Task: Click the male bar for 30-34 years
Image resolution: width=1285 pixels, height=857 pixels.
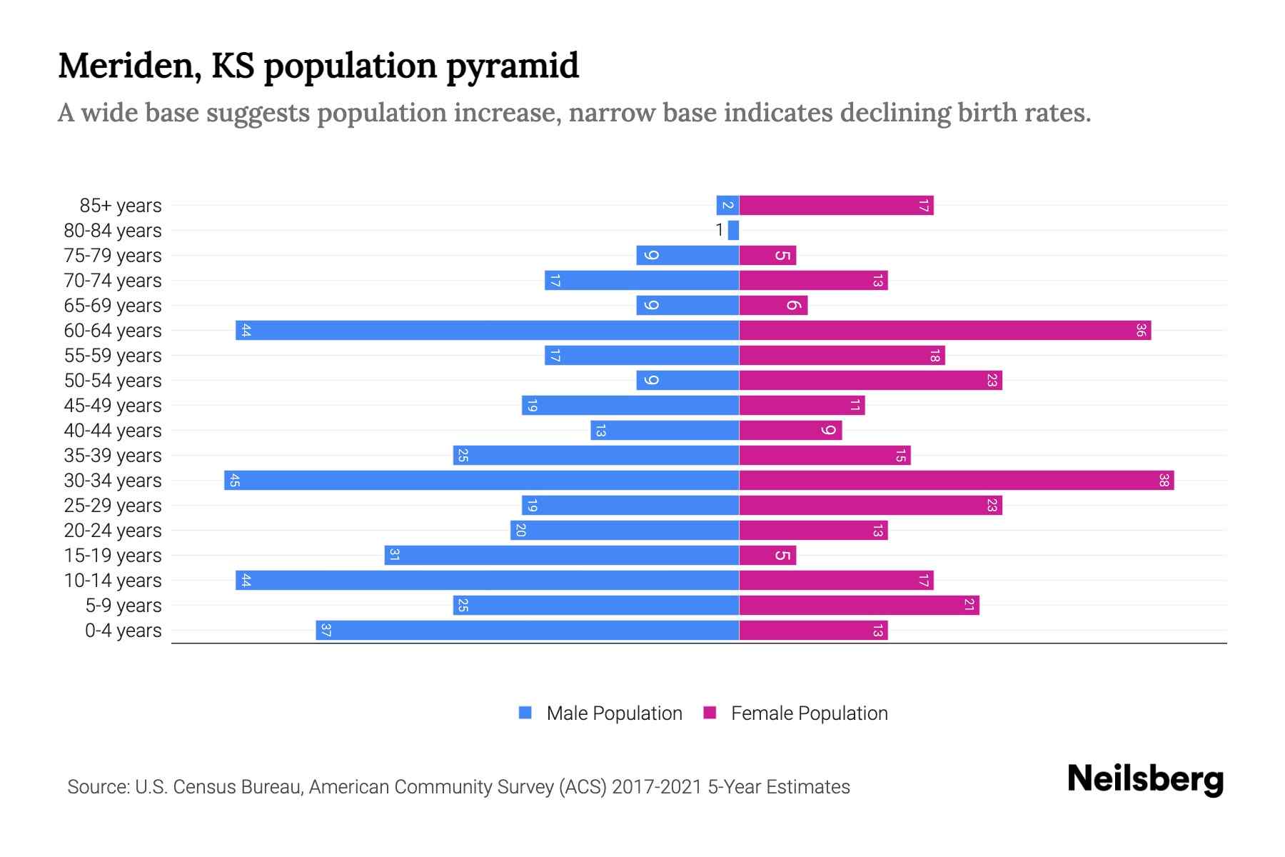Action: pos(482,480)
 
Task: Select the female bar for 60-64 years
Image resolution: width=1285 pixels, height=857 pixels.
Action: pos(944,330)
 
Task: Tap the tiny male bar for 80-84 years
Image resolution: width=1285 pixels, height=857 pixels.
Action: pos(733,230)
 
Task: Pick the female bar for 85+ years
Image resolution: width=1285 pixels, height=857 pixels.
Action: pos(836,206)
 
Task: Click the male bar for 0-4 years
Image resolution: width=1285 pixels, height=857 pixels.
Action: pos(527,630)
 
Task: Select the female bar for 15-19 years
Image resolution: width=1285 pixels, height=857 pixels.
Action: pos(767,555)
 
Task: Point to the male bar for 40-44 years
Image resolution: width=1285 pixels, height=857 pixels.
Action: pos(665,430)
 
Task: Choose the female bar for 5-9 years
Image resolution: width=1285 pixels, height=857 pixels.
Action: pos(859,605)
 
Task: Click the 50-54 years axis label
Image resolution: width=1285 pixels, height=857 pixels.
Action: pos(113,381)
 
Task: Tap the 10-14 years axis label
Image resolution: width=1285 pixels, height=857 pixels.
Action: pos(113,581)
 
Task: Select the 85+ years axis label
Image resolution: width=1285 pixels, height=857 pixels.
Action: pos(121,206)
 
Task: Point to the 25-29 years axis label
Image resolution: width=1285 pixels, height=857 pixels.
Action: pos(113,506)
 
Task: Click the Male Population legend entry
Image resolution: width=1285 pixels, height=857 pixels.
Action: pos(614,713)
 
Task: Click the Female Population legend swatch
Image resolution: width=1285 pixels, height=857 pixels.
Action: pos(710,713)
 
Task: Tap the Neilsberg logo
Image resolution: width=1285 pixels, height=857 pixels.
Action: pos(1145,779)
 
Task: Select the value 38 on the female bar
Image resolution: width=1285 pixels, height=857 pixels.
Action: pos(1163,480)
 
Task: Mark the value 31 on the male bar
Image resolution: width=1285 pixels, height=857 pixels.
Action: pos(394,555)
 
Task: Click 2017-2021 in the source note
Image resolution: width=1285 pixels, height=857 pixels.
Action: pos(657,787)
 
